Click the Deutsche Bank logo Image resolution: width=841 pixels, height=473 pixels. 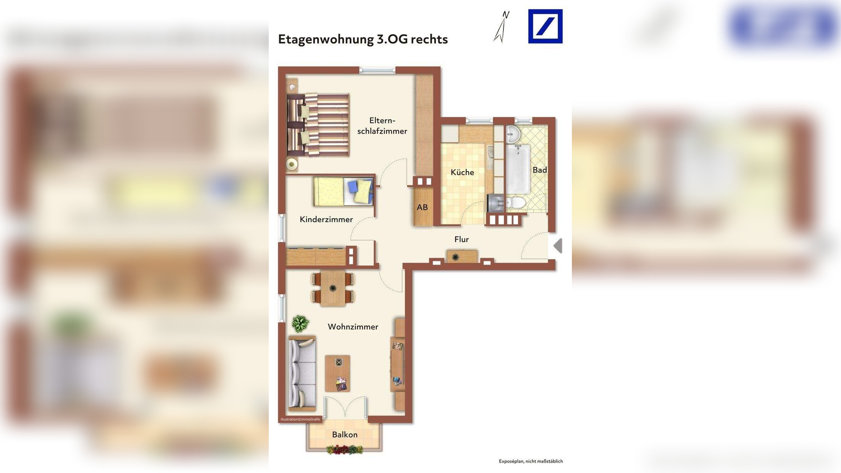pyautogui.click(x=545, y=26)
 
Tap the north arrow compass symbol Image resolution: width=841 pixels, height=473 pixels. pyautogui.click(x=502, y=27)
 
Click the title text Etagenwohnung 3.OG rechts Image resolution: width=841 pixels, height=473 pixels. pyautogui.click(x=363, y=39)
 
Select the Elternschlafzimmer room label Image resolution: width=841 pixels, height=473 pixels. pyautogui.click(x=382, y=126)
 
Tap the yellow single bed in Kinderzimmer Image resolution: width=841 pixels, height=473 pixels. pyautogui.click(x=343, y=192)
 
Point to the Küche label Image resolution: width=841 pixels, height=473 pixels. pyautogui.click(x=462, y=172)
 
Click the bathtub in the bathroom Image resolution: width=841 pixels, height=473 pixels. pyautogui.click(x=518, y=169)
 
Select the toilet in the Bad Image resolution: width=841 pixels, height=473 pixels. pyautogui.click(x=516, y=203)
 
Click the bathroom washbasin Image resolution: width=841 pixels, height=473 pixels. pyautogui.click(x=513, y=134)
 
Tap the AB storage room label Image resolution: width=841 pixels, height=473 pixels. pyautogui.click(x=422, y=207)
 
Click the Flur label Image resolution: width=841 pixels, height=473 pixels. pyautogui.click(x=462, y=239)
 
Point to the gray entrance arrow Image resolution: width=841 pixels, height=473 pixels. pyautogui.click(x=558, y=245)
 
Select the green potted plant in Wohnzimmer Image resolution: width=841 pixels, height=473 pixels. pyautogui.click(x=300, y=324)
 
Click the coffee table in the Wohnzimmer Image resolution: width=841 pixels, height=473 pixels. pyautogui.click(x=337, y=373)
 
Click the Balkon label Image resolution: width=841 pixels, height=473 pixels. pyautogui.click(x=345, y=434)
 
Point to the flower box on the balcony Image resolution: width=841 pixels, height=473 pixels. pyautogui.click(x=345, y=450)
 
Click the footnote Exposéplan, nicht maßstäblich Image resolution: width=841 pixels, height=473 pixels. pyautogui.click(x=531, y=461)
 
